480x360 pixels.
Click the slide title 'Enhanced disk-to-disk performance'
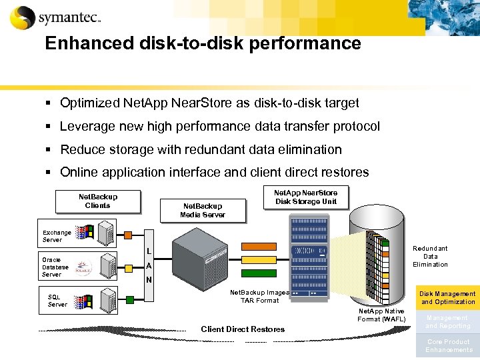203,44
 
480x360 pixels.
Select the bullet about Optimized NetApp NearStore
209,103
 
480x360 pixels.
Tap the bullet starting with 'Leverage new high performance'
220,127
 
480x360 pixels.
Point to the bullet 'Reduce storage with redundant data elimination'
201,150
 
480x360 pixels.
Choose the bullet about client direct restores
214,173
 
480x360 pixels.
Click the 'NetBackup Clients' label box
98,201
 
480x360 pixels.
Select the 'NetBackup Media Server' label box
203,211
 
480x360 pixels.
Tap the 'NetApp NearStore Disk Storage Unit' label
311,197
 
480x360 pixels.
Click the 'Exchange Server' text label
57,236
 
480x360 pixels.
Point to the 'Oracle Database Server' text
55,267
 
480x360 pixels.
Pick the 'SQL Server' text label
57,301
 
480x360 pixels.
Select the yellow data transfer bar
258,260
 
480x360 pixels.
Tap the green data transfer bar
258,273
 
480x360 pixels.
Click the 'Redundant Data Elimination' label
430,256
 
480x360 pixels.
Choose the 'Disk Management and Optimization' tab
447,297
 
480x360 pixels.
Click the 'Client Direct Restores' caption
243,329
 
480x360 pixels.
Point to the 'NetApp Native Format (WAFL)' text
381,315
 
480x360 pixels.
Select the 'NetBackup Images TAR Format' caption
259,296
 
